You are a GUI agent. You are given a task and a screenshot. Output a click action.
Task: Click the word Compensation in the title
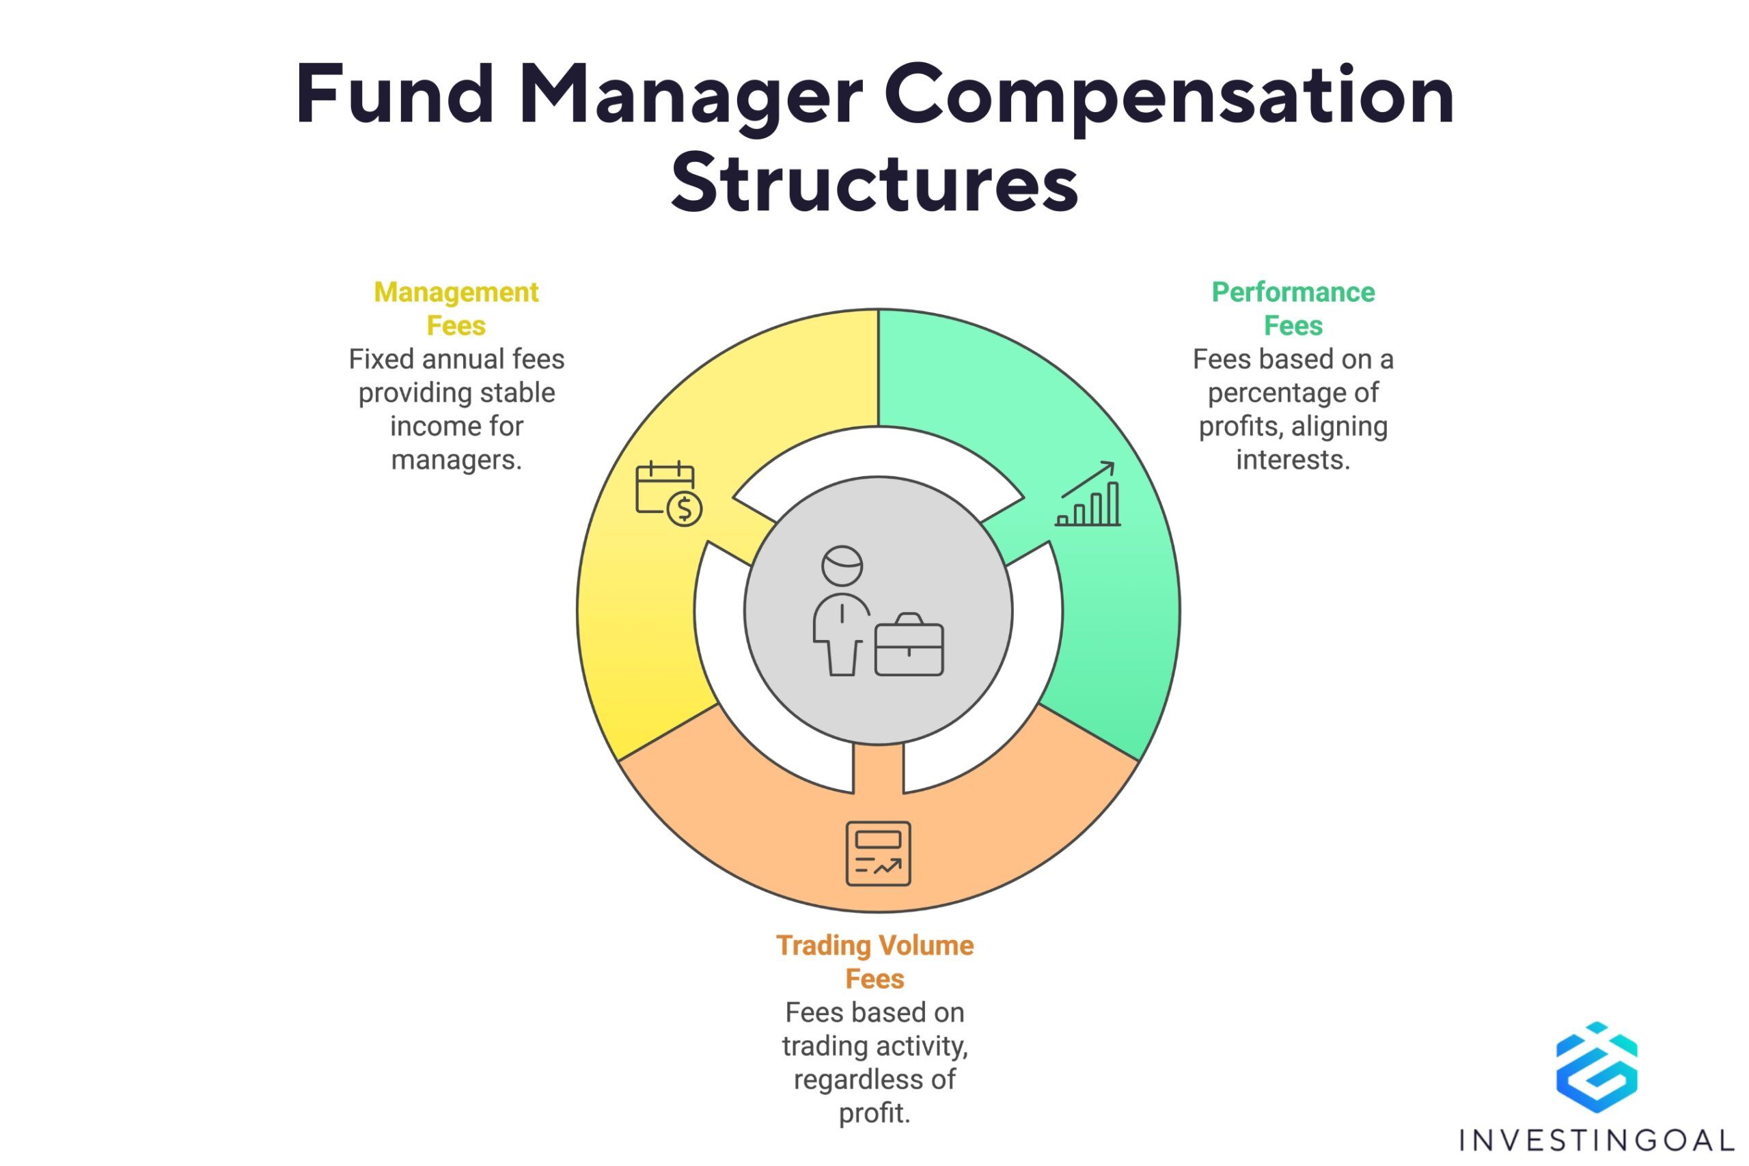1168,97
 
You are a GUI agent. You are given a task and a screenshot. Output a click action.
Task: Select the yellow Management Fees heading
456,309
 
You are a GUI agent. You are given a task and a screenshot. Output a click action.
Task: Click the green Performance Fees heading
1293,309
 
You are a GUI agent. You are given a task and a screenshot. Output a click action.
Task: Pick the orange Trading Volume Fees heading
874,962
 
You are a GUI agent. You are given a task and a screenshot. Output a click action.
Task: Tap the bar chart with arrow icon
1088,494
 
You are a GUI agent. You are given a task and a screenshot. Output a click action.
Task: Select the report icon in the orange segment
878,854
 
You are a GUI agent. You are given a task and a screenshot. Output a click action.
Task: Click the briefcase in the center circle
909,645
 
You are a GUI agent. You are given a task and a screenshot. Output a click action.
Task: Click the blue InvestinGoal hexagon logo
1597,1068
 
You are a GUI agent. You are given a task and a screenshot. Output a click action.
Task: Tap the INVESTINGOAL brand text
1597,1140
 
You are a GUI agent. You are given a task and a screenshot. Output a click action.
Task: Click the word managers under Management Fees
456,460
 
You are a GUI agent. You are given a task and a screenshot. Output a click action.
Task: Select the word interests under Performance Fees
1293,460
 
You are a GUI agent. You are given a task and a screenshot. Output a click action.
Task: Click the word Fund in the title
395,95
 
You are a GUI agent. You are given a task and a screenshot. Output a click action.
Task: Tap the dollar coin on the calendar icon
684,509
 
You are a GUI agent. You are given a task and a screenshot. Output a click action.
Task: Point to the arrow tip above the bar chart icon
1114,462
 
